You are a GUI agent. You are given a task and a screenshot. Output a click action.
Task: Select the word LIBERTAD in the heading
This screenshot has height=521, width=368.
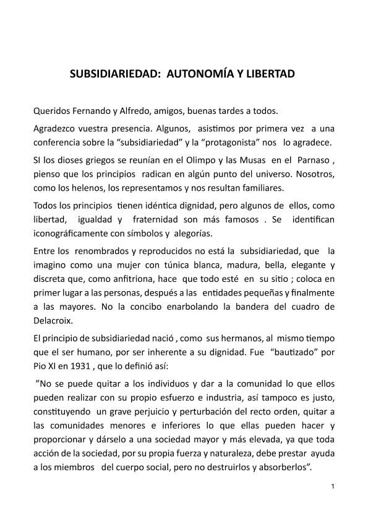(267, 74)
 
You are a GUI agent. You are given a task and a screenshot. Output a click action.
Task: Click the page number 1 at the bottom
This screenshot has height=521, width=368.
(333, 486)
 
